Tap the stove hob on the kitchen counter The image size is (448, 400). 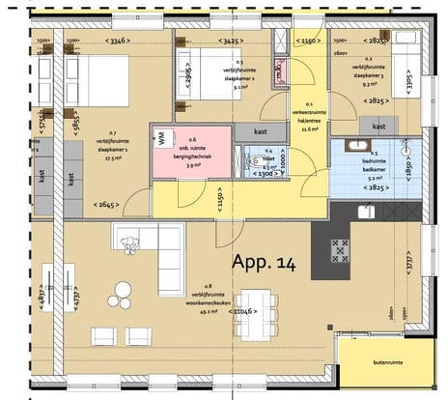(342, 249)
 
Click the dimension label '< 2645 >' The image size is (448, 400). (109, 204)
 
